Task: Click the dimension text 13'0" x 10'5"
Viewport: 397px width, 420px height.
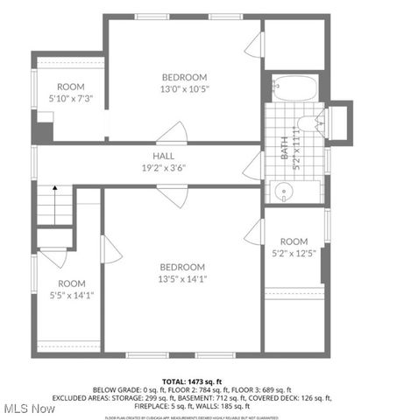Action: [184, 88]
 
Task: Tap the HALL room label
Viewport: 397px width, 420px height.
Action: [165, 156]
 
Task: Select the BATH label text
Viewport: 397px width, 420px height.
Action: [284, 150]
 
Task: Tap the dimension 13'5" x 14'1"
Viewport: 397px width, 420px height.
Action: [182, 279]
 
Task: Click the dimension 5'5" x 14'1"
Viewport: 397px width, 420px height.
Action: [71, 295]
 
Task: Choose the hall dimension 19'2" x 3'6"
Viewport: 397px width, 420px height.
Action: [165, 168]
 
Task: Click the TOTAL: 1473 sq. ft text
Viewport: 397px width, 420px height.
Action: [198, 381]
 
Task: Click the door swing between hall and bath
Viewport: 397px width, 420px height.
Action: [253, 164]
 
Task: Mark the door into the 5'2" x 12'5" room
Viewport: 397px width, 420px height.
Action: [254, 232]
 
